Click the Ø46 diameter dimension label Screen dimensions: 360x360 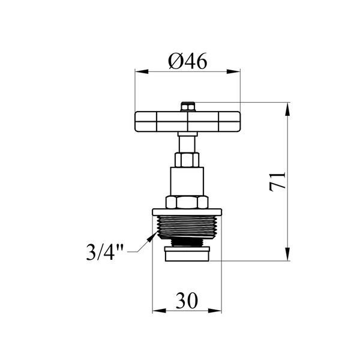(188, 61)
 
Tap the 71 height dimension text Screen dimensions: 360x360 (277, 181)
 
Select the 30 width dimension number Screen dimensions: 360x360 (187, 301)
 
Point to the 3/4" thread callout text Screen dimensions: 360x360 (104, 252)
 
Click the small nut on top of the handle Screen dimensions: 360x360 (188, 107)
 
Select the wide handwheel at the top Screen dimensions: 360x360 (188, 122)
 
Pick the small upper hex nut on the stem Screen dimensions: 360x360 (187, 160)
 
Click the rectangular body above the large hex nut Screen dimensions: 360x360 (187, 181)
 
